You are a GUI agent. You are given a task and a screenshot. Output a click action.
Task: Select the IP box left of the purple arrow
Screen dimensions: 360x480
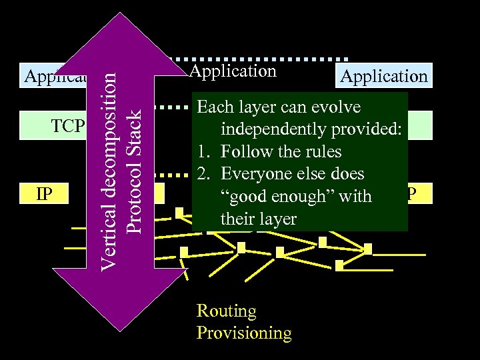click(44, 194)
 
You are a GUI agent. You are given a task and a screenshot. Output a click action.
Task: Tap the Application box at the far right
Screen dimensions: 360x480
click(383, 76)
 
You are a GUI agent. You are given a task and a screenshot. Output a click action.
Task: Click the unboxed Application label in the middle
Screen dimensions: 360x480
click(233, 71)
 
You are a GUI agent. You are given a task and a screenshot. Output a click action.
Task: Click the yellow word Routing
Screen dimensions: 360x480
click(226, 311)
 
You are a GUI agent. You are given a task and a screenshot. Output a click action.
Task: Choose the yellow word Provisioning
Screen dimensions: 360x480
click(244, 333)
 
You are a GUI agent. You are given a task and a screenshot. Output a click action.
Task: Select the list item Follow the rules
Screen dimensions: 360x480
click(281, 151)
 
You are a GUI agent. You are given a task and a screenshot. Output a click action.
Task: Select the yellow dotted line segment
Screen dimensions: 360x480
click(177, 176)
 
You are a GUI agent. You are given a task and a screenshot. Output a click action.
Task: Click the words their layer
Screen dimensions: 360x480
click(258, 219)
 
